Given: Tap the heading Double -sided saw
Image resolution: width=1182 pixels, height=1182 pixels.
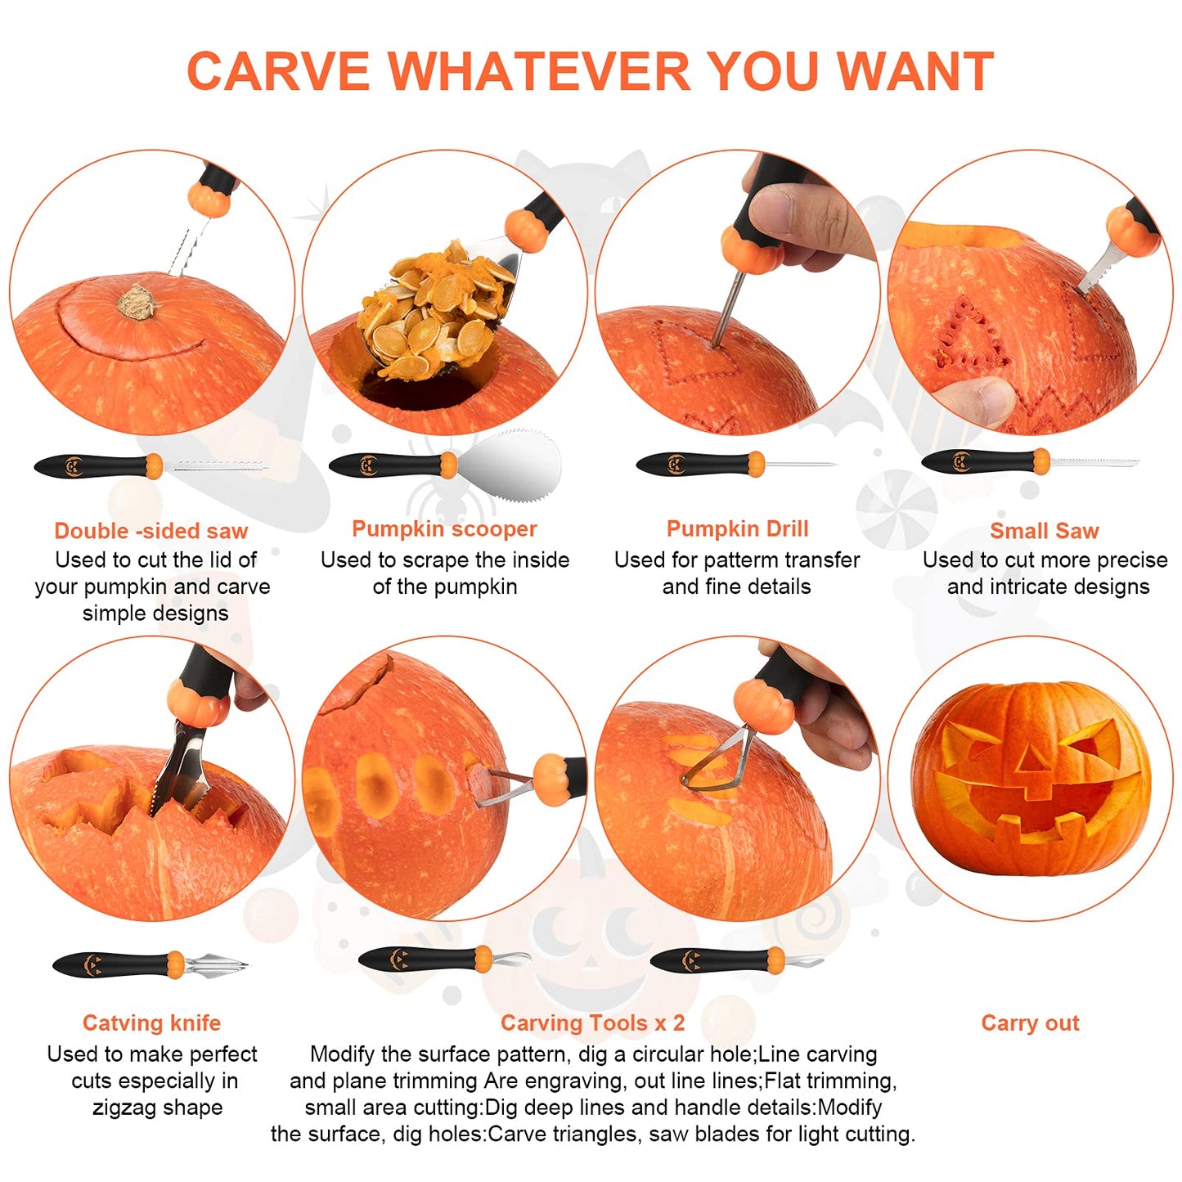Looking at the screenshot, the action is [x=151, y=531].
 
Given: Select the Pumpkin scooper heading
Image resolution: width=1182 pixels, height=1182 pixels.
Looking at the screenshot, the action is [x=444, y=529].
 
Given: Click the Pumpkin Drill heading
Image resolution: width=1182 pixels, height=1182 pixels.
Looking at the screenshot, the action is [x=737, y=529].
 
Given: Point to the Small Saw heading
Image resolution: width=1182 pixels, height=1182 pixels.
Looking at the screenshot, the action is [x=1044, y=531].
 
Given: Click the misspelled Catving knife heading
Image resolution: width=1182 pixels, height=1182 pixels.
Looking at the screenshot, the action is [x=151, y=1023].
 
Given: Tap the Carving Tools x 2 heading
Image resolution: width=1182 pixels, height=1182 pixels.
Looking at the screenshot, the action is [x=592, y=1023].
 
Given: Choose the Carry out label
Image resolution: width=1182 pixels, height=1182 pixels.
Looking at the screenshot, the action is [x=1030, y=1023].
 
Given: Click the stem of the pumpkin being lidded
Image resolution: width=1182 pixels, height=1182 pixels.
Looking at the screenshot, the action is [x=137, y=302].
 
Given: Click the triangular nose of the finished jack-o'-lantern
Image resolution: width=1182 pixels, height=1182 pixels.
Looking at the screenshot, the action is [x=1032, y=761].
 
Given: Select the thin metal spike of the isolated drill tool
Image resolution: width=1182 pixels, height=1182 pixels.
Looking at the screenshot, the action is [x=798, y=465].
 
